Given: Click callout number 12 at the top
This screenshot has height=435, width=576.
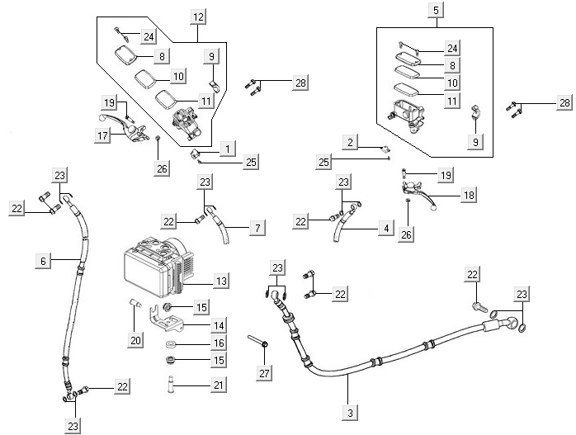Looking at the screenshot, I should click(198, 17).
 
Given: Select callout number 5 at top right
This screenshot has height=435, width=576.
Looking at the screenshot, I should click(436, 11).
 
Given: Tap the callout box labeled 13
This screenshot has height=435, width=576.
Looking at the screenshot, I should click(221, 281).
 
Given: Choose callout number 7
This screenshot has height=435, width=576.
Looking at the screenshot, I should click(257, 227).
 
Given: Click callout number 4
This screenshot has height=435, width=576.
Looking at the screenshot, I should click(384, 227).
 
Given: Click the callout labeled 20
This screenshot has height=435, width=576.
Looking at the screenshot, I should click(135, 339).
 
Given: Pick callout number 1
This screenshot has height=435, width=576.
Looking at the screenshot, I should click(227, 147).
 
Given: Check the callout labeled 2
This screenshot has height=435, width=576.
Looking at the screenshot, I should click(351, 143).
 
